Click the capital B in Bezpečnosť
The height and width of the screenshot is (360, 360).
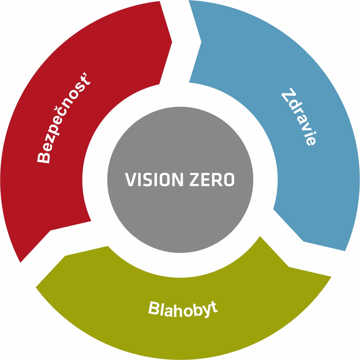pos(44,157)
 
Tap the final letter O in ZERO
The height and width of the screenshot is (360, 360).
pos(229,180)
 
